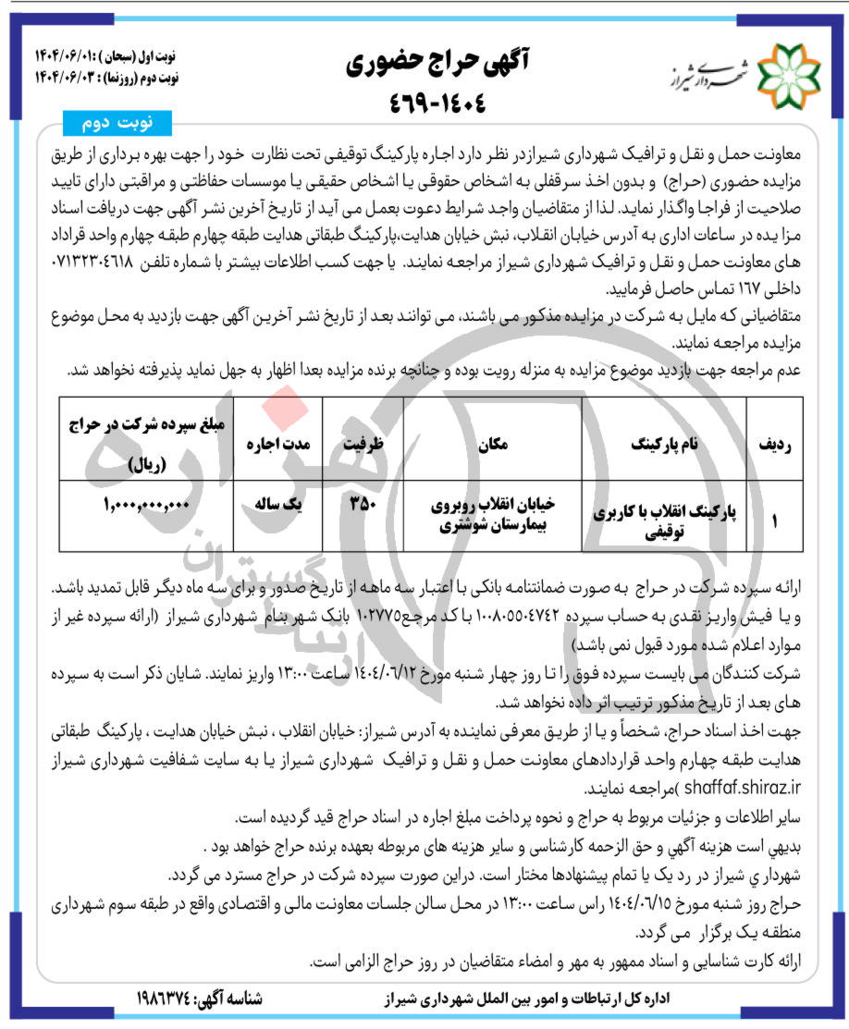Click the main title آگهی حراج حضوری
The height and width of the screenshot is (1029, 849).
[x=426, y=63]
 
